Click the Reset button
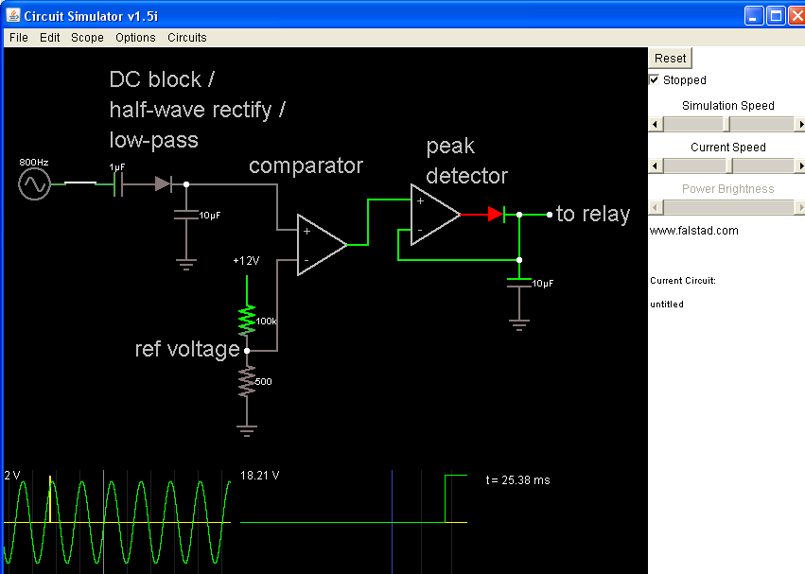click(x=671, y=58)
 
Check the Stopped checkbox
click(x=655, y=80)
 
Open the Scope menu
click(x=87, y=38)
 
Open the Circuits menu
click(x=186, y=38)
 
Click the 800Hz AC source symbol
click(x=34, y=184)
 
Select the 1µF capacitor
click(x=117, y=184)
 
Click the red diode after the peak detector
click(x=495, y=215)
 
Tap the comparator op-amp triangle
click(x=318, y=245)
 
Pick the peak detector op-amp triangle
click(x=431, y=215)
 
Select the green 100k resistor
click(x=247, y=320)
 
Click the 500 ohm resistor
click(x=247, y=382)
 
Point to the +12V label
click(x=246, y=261)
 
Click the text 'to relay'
click(x=592, y=215)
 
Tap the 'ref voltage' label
click(x=187, y=350)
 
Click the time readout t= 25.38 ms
click(x=517, y=480)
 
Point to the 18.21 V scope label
click(x=260, y=476)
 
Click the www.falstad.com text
click(x=693, y=231)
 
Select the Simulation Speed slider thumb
click(x=726, y=124)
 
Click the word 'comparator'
click(x=306, y=165)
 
